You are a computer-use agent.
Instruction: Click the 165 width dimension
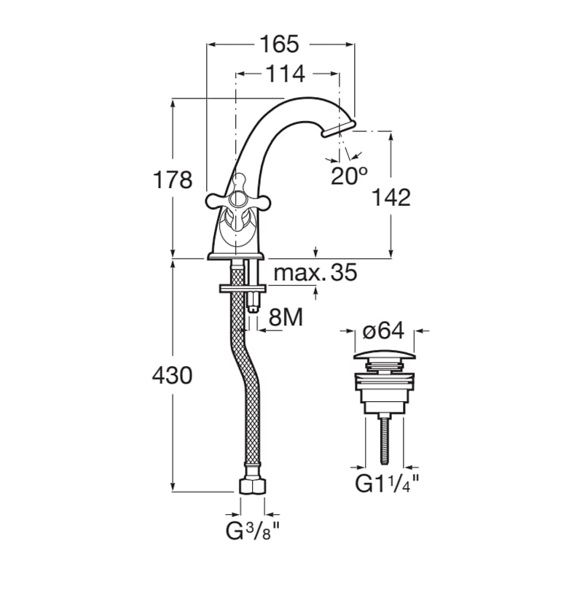point(279,44)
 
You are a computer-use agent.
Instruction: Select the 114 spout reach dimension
point(286,74)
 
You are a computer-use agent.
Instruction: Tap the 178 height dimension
point(172,179)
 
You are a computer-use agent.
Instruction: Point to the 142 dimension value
point(391,197)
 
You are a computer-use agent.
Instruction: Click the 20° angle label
point(349,176)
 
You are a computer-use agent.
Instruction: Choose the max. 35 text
point(315,272)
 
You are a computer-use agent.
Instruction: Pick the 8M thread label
point(286,317)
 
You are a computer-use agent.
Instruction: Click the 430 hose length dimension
point(172,375)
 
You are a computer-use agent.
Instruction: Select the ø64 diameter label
point(383,330)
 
